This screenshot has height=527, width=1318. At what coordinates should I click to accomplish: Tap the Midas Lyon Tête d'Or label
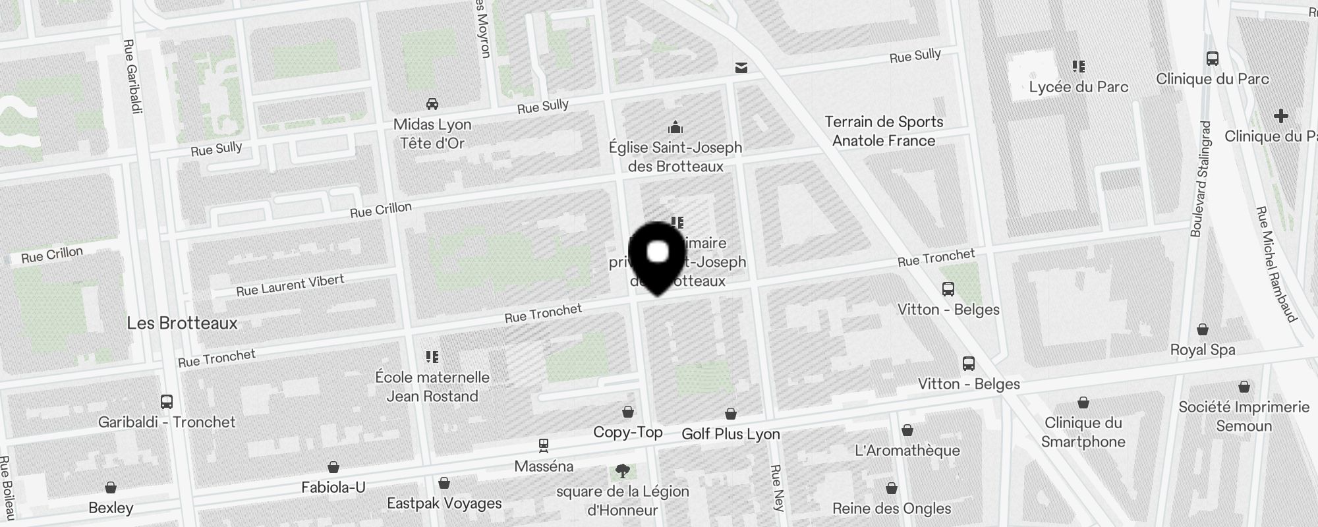coord(432,134)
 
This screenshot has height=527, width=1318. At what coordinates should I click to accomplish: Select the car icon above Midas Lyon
coord(432,104)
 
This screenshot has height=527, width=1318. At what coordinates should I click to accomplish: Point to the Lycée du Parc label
coord(1079,87)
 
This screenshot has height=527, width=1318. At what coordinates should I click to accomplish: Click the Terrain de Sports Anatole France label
coord(884,131)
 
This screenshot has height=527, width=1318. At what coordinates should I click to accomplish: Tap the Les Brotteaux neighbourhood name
coord(182,323)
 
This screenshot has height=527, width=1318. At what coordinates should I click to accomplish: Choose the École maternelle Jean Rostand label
coord(432,387)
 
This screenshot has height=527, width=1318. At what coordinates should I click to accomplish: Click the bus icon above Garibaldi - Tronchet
coord(167,401)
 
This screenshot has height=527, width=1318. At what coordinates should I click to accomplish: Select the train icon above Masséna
coord(544,445)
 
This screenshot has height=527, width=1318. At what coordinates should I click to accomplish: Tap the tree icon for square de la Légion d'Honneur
coord(622,470)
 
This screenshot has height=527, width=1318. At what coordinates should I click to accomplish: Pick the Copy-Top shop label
coord(628,432)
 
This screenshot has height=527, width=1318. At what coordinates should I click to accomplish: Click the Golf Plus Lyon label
coord(731,434)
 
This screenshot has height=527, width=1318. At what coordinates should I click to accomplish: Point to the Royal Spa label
coord(1203,350)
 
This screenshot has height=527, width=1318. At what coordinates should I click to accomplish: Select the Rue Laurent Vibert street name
coord(290,285)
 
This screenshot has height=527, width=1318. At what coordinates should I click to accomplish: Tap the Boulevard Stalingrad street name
coord(1201,179)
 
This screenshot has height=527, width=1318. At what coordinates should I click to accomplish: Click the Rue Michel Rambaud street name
coord(1276,263)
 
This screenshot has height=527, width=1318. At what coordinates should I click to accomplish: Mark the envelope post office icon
coord(741,67)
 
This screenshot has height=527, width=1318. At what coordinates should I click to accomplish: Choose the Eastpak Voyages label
coord(444,503)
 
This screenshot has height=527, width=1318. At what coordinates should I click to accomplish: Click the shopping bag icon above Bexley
coord(111,487)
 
